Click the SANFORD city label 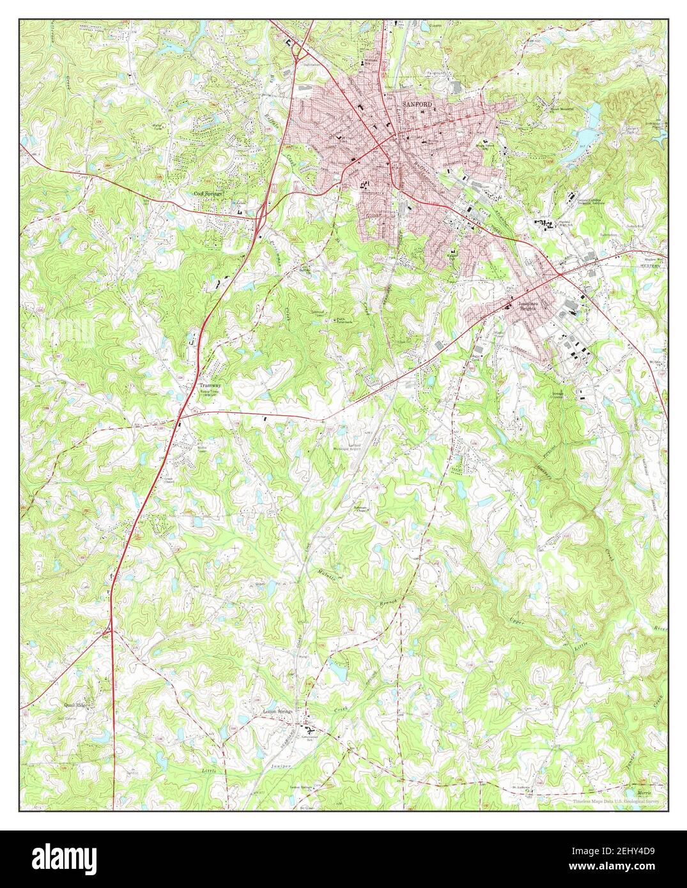pos(417,103)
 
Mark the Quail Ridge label pos(77,705)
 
